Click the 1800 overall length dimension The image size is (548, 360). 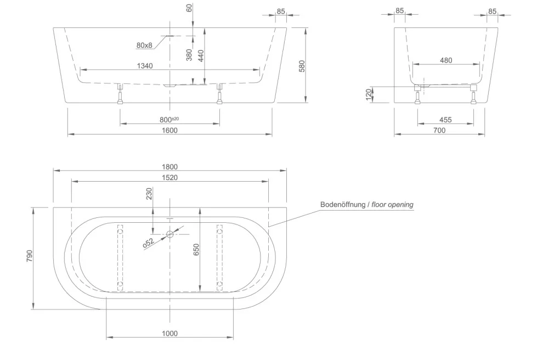170,167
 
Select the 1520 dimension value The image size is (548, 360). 170,178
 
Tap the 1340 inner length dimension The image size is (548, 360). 145,66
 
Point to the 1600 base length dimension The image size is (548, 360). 170,131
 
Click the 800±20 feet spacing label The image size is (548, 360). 169,120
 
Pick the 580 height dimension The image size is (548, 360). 302,66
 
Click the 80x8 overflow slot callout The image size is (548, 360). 144,45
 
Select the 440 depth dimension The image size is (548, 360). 201,55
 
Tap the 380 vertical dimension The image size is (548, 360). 189,55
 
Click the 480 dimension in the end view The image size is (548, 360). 446,60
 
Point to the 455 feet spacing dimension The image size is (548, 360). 445,120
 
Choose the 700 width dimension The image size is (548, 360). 439,131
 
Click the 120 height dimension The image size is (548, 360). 369,94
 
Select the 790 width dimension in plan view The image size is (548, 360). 30,256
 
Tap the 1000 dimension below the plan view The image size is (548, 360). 170,334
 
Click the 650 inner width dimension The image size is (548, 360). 196,250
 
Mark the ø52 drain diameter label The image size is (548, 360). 149,243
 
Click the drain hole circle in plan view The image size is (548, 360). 170,234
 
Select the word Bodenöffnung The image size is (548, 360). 343,205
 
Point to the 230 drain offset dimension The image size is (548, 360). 149,194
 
